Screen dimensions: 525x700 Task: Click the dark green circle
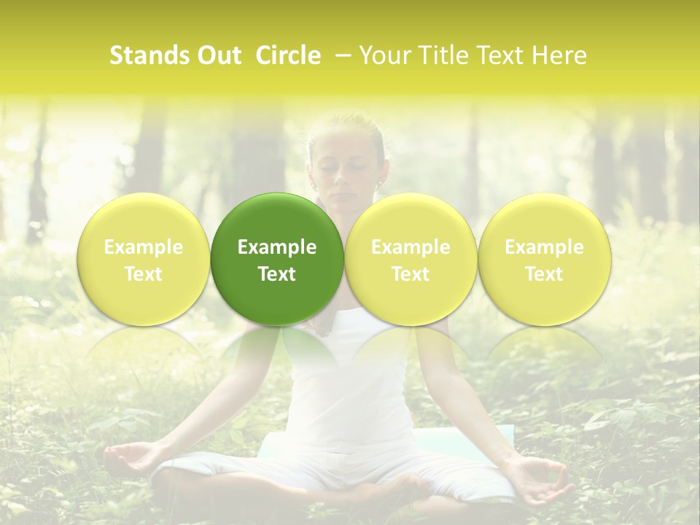point(277,260)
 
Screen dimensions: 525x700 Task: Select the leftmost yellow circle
point(144,260)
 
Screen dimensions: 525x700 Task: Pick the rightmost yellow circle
point(544,260)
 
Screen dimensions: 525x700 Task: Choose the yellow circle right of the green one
point(411,260)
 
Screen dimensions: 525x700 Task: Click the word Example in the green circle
point(277,247)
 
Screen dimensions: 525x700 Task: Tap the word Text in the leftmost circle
point(144,274)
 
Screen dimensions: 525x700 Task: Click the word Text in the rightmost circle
point(544,274)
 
